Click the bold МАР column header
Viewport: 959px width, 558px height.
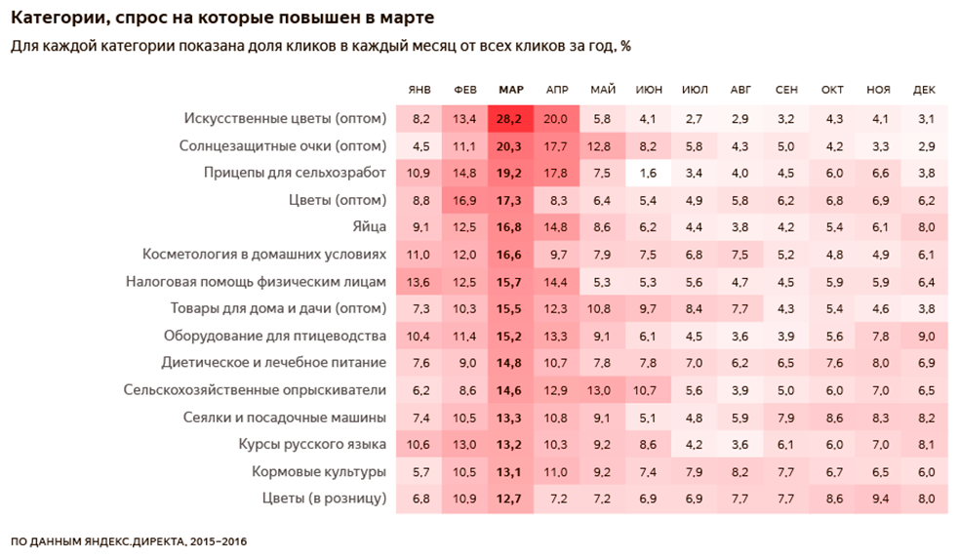click(511, 91)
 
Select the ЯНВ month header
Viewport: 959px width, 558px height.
click(420, 91)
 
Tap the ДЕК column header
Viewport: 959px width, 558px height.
click(924, 91)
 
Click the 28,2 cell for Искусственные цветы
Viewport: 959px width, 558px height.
click(511, 119)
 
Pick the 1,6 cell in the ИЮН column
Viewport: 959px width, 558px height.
click(649, 174)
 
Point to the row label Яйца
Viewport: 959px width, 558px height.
click(369, 227)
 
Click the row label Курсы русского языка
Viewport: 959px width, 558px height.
click(312, 445)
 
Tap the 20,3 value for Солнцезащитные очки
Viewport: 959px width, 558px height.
click(511, 146)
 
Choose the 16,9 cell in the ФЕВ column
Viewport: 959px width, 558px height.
click(465, 201)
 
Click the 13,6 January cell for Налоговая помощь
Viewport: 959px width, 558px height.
click(420, 282)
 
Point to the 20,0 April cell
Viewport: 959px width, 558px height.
click(557, 119)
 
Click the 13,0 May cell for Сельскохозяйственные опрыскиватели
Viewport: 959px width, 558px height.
click(603, 390)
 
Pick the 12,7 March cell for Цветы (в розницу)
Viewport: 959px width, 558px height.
click(511, 499)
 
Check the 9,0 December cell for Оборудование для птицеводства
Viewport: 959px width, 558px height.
click(924, 337)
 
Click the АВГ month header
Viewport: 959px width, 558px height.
click(740, 91)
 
